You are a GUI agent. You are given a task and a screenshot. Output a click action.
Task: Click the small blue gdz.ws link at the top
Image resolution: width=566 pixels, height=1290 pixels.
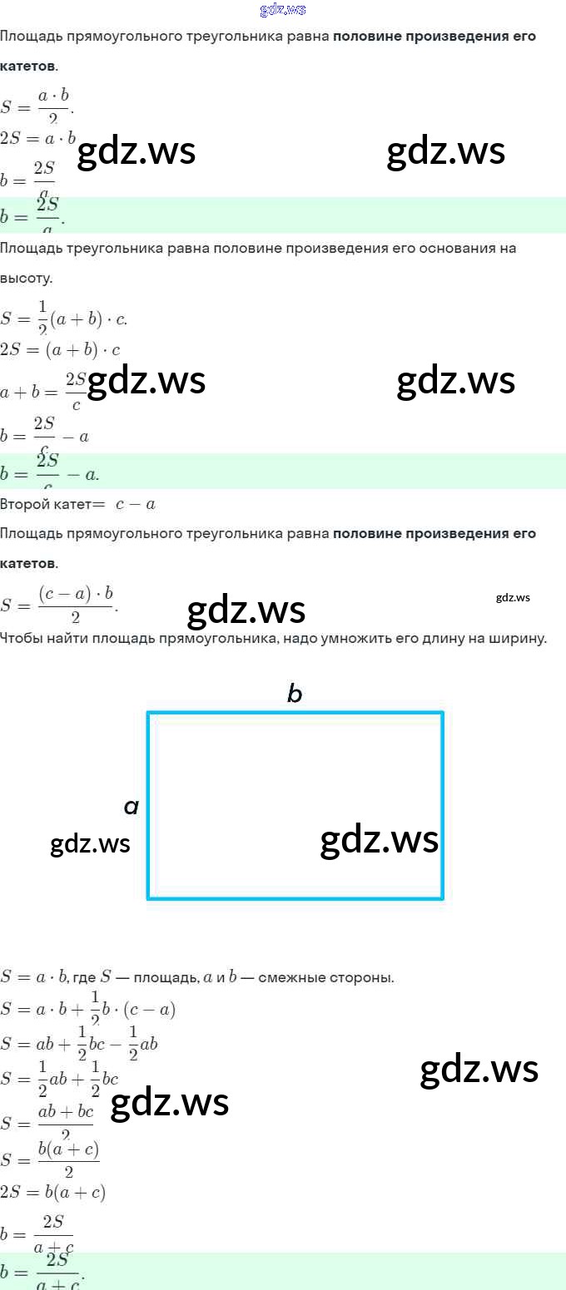(x=283, y=10)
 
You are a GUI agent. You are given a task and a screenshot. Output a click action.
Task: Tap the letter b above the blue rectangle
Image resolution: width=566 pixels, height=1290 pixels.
(x=294, y=694)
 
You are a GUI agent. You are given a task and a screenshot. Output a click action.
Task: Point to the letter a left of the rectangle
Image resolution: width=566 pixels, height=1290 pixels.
(x=131, y=806)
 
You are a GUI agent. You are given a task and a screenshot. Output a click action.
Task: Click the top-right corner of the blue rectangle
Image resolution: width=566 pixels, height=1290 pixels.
(x=442, y=713)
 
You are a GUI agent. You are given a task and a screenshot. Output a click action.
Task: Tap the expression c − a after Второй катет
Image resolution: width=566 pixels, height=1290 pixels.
(x=136, y=504)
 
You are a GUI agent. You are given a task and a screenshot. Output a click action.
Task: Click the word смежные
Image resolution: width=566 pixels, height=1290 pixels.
(x=293, y=977)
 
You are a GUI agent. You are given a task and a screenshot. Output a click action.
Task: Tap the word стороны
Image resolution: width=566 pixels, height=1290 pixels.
(x=362, y=977)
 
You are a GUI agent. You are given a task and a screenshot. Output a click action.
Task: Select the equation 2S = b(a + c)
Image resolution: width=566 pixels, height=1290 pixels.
(x=52, y=1192)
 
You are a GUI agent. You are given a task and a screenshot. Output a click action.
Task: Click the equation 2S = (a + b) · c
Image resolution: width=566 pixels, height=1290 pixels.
(x=60, y=350)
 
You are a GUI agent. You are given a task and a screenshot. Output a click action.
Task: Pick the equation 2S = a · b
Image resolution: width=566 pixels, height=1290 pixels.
(x=38, y=139)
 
